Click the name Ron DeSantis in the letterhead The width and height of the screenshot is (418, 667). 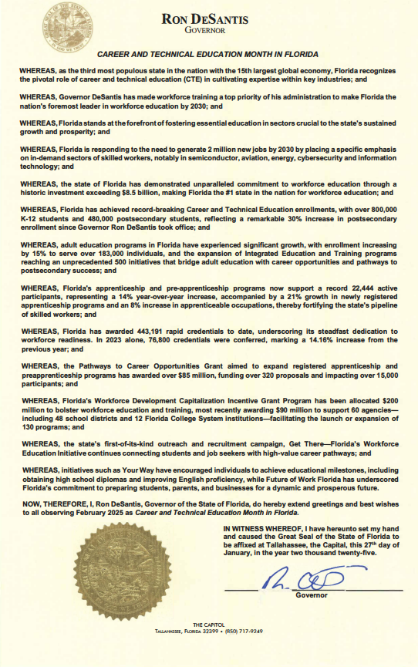click(x=205, y=20)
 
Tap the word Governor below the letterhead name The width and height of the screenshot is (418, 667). click(x=205, y=31)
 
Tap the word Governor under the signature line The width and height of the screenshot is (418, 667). click(x=312, y=595)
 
